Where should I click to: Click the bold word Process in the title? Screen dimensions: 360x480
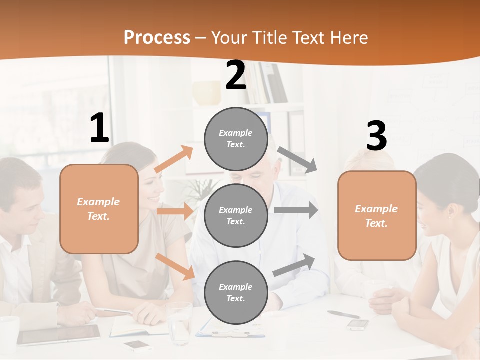pyautogui.click(x=157, y=37)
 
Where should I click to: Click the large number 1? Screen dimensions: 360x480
pyautogui.click(x=99, y=128)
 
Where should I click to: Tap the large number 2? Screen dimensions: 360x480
pyautogui.click(x=236, y=75)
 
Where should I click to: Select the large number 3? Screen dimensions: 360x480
pyautogui.click(x=376, y=136)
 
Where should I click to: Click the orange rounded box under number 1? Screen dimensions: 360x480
pyautogui.click(x=99, y=209)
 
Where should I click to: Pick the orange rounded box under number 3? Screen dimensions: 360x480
pyautogui.click(x=377, y=216)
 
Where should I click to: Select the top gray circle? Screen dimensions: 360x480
pyautogui.click(x=236, y=139)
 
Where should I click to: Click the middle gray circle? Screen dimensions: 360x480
pyautogui.click(x=236, y=216)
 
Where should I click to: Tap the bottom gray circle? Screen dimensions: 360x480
pyautogui.click(x=236, y=293)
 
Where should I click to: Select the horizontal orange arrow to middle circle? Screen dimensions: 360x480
pyautogui.click(x=175, y=211)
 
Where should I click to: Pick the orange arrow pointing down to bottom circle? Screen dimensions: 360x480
pyautogui.click(x=175, y=266)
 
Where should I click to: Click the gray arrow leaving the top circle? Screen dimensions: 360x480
pyautogui.click(x=297, y=160)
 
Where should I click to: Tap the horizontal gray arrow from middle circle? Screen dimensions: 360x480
pyautogui.click(x=295, y=210)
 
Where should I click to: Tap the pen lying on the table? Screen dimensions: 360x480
pyautogui.click(x=343, y=314)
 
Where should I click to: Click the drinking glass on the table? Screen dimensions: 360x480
pyautogui.click(x=179, y=322)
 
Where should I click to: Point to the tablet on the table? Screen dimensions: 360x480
pyautogui.click(x=59, y=334)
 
